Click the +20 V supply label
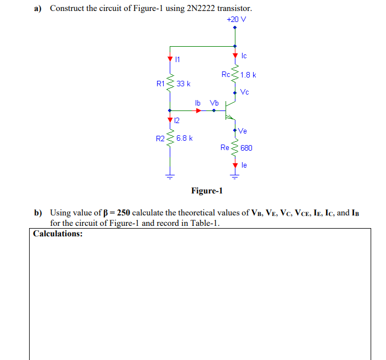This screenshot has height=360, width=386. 236,19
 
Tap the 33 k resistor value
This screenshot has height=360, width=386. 183,84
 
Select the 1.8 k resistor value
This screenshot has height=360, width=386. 248,75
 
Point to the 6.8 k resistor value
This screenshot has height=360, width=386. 184,138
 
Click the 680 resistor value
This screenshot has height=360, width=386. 246,148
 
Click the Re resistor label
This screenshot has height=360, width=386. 225,147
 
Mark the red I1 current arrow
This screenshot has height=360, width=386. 169,57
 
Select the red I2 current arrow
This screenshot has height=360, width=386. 169,119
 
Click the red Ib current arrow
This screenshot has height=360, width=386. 199,110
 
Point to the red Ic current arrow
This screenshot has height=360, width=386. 235,55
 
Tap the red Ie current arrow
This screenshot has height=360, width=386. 235,164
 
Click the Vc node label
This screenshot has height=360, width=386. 244,92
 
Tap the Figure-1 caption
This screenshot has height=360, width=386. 207,191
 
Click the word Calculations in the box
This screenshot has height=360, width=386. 58,233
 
